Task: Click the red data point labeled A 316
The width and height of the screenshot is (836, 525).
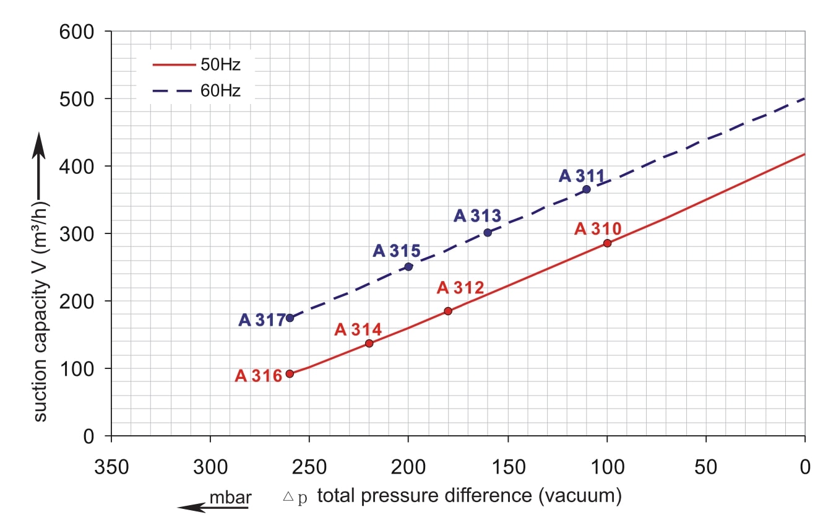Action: (290, 373)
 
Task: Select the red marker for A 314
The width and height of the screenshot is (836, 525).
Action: (369, 343)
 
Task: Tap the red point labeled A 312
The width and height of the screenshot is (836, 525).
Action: (448, 311)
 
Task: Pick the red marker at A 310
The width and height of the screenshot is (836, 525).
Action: (607, 243)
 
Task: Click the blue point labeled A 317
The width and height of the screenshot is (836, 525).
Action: (290, 318)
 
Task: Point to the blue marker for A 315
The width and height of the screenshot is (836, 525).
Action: (408, 266)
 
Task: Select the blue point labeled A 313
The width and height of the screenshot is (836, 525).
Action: (488, 232)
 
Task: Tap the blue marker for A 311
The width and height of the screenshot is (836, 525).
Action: (587, 189)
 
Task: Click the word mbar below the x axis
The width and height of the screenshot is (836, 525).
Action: (229, 497)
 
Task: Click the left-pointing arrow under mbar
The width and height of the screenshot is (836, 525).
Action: (212, 508)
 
